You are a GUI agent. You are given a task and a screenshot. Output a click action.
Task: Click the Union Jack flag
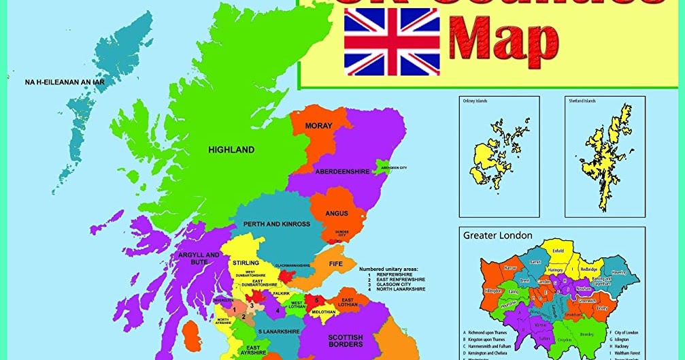click(x=392, y=41)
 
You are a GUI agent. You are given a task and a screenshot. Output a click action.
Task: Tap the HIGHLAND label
click(x=231, y=150)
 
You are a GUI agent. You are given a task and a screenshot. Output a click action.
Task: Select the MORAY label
click(x=318, y=126)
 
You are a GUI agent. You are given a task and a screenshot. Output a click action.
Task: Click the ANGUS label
click(x=336, y=214)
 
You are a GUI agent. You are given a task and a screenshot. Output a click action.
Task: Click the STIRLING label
click(x=246, y=263)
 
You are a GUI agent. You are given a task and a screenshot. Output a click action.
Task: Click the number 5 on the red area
click(x=316, y=299)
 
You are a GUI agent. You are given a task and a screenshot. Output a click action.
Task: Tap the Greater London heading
click(x=498, y=235)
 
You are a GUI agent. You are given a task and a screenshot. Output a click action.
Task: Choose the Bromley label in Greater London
click(x=586, y=334)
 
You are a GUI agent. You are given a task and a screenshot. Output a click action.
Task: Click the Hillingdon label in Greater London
click(x=492, y=291)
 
